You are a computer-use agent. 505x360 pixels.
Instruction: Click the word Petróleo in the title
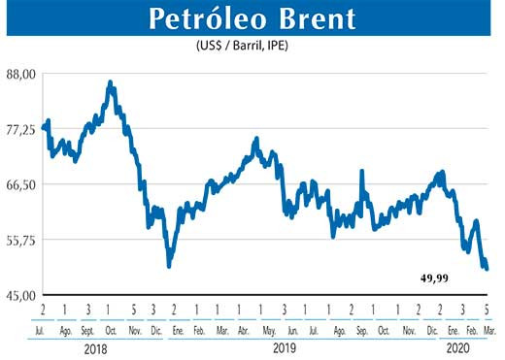point(196,18)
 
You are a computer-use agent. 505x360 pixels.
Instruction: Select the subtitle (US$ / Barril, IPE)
point(252,45)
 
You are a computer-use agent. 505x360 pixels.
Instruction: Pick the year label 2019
point(284,346)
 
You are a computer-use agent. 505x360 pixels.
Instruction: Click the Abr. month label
point(244,330)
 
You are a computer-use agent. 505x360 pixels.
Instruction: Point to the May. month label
point(269,330)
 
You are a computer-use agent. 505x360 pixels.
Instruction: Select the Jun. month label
point(289,330)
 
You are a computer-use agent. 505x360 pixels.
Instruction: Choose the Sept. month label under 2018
point(87,330)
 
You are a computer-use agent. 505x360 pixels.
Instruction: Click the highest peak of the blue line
point(110,83)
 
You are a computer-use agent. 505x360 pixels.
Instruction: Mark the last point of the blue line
point(487,269)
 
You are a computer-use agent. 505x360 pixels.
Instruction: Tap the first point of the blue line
point(44,126)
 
